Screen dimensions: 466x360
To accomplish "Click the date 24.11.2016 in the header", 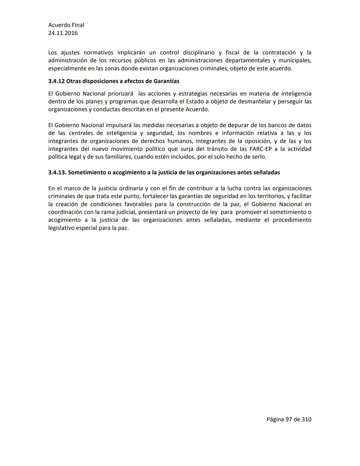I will pyautogui.click(x=63, y=33).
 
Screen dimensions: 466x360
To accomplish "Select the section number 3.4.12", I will pyautogui.click(x=56, y=81).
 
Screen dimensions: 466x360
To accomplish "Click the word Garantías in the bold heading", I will pyautogui.click(x=166, y=81).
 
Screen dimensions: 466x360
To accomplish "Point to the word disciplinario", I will pyautogui.click(x=199, y=53).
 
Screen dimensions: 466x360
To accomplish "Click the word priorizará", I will pyautogui.click(x=120, y=94).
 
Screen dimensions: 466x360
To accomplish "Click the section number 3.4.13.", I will pyautogui.click(x=57, y=172).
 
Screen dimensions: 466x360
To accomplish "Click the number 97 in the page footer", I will pyautogui.click(x=289, y=419).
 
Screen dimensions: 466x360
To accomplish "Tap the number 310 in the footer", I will pyautogui.click(x=306, y=419).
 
